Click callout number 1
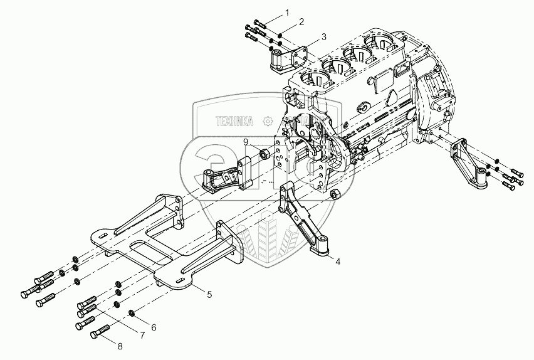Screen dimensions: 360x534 coord(288,12)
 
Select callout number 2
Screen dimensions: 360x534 coord(302,22)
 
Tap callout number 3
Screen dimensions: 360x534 coord(323,37)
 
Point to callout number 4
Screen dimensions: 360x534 coord(338,260)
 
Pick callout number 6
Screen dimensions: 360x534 coord(154,327)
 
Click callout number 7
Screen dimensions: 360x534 coord(142,336)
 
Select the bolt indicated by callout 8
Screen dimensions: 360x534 coord(101,334)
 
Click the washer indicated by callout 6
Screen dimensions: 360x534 coord(132,313)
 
